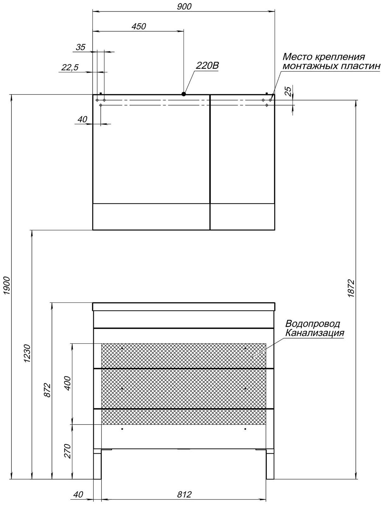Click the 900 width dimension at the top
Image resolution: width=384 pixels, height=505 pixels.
point(184,7)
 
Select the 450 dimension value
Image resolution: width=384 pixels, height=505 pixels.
point(139,26)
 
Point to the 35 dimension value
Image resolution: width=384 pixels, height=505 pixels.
point(81,47)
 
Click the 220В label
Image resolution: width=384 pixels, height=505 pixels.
point(207,66)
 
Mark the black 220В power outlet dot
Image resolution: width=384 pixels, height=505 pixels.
point(184,94)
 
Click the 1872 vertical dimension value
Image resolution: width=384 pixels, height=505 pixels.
point(352,288)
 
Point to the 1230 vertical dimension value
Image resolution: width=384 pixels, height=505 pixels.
point(27,353)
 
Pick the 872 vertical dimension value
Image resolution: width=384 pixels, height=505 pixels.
point(47,390)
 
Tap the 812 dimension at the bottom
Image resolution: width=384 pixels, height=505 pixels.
point(184,494)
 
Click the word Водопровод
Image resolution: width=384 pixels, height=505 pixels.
point(312,324)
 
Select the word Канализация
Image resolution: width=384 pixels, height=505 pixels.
point(314,333)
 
